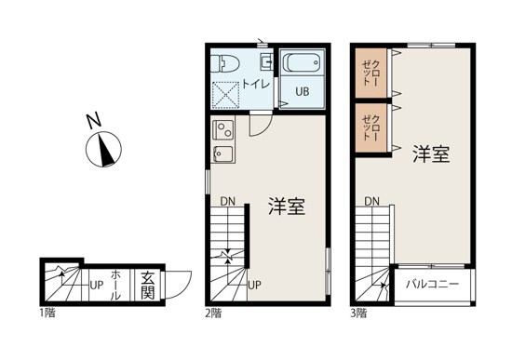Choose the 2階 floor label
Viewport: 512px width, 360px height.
tap(212, 313)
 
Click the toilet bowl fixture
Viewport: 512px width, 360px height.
tap(226, 64)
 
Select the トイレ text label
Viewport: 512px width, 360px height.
tap(256, 85)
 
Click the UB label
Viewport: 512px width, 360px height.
tap(303, 92)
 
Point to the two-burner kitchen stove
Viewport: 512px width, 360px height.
tap(223, 128)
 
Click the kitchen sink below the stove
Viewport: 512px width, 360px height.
tap(223, 153)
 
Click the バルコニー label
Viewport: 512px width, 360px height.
tap(431, 283)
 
